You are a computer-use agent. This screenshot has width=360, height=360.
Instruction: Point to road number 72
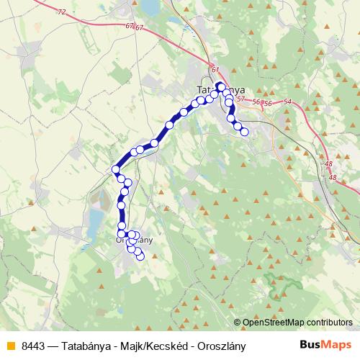coord(60,12)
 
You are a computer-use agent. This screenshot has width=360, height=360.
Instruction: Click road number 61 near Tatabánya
coord(215,69)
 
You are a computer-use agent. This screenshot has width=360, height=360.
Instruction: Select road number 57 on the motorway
coord(240,99)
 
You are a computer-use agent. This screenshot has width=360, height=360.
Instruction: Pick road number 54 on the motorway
coord(288,102)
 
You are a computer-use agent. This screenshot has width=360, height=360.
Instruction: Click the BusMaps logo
coord(326,345)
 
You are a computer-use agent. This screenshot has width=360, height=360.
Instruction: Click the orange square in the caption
coord(10,346)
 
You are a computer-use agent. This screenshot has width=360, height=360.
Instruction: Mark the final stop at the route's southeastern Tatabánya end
coord(244,131)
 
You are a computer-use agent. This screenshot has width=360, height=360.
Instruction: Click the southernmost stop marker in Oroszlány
coord(140,256)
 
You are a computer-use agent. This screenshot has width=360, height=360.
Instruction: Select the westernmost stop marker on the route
coord(115,170)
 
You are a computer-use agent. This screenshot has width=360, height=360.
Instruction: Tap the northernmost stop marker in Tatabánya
coord(220,86)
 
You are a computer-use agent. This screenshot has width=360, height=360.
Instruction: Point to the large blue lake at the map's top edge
coord(150,7)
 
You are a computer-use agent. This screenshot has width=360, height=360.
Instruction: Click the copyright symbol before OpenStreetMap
coord(237,323)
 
